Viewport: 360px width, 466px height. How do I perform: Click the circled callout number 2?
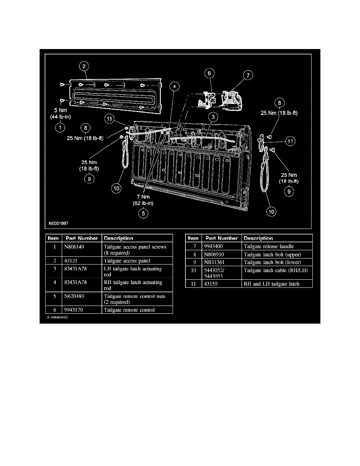pyautogui.click(x=84, y=66)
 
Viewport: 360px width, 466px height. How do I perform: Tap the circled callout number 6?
pyautogui.click(x=209, y=73)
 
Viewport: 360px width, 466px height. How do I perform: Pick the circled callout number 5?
pyautogui.click(x=144, y=213)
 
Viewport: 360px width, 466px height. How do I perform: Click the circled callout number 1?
pyautogui.click(x=60, y=127)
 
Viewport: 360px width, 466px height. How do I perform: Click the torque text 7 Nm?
pyautogui.click(x=144, y=197)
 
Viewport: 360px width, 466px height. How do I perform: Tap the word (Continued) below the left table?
pyautogui.click(x=57, y=317)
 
